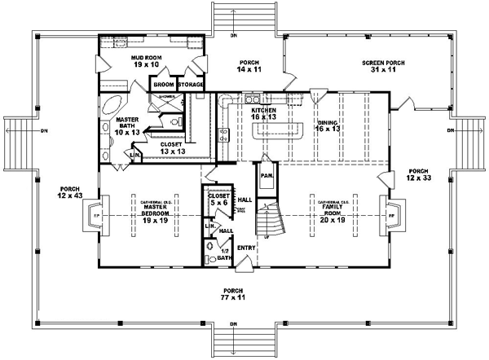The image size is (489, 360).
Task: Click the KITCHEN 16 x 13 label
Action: [x=263, y=113]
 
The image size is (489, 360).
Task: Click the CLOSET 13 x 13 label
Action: [x=172, y=148]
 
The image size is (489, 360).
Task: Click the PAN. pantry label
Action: [x=266, y=175]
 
